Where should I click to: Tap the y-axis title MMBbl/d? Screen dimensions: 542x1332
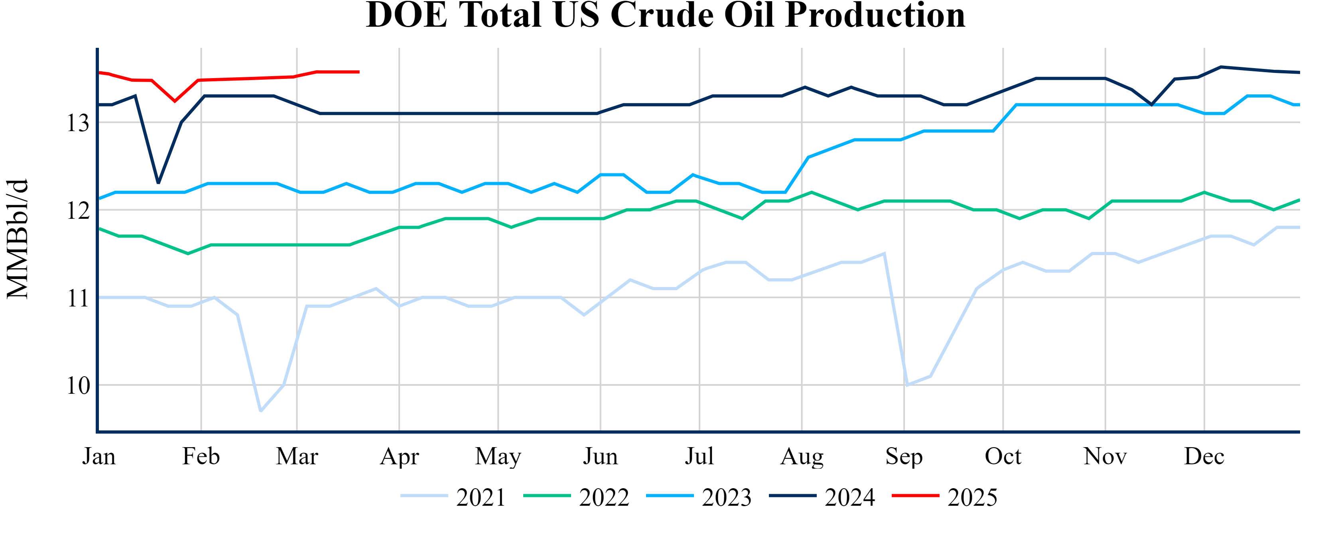click(x=18, y=239)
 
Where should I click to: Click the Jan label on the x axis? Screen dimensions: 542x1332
click(x=99, y=456)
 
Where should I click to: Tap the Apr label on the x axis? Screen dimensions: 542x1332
click(x=399, y=456)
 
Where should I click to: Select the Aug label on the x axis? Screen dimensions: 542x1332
click(x=802, y=456)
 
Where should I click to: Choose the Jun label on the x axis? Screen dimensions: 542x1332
click(x=600, y=456)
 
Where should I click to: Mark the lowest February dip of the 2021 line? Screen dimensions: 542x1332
click(x=260, y=411)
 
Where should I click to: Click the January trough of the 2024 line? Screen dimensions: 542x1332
click(x=158, y=183)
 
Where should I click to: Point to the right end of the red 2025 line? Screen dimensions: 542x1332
click(x=359, y=72)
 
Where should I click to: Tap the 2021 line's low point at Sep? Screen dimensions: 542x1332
click(x=907, y=385)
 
